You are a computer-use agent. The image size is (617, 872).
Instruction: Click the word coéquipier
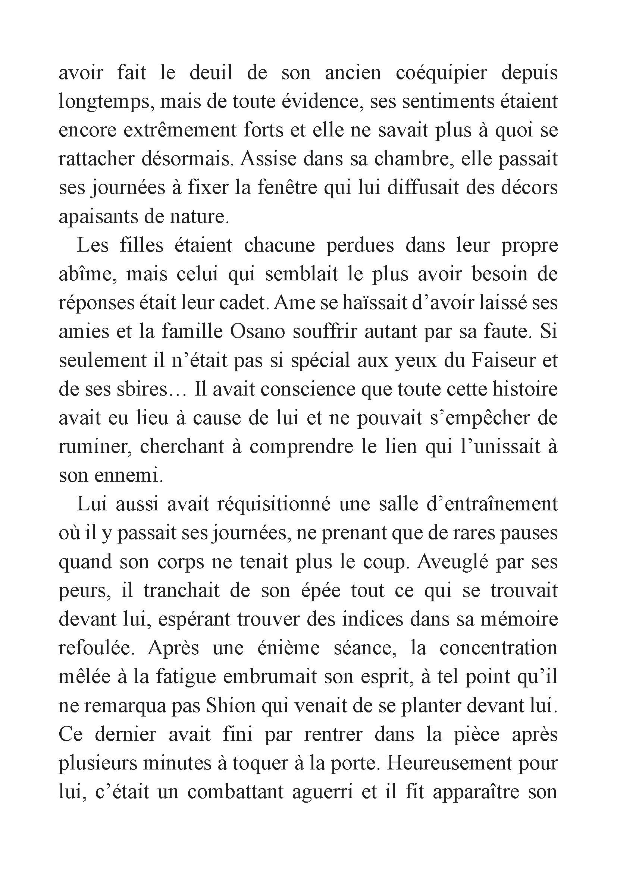click(x=441, y=73)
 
